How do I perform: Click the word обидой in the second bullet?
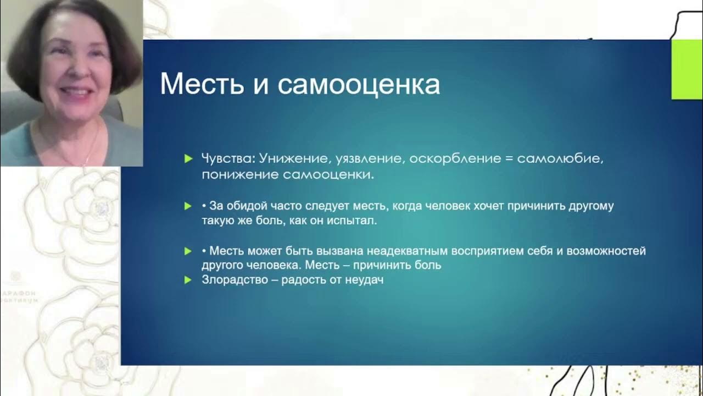point(247,206)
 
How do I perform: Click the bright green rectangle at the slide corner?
point(687,69)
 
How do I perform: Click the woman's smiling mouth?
point(77,91)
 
